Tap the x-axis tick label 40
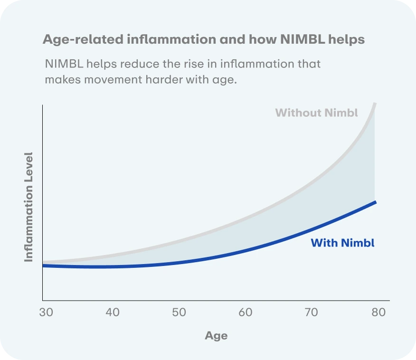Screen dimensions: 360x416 (113, 313)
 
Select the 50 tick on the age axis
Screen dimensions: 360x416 (179, 313)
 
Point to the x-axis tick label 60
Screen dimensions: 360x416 (245, 313)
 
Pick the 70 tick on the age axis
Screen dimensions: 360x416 (312, 313)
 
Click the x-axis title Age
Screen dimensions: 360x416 (216, 336)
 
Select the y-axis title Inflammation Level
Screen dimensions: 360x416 (29, 207)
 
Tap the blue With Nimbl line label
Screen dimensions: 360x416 (342, 243)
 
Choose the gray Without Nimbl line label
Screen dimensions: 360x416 (316, 113)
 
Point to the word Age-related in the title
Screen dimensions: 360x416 (83, 39)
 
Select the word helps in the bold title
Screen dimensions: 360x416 (347, 39)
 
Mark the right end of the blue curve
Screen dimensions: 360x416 (376, 202)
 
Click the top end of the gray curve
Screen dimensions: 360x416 (376, 104)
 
